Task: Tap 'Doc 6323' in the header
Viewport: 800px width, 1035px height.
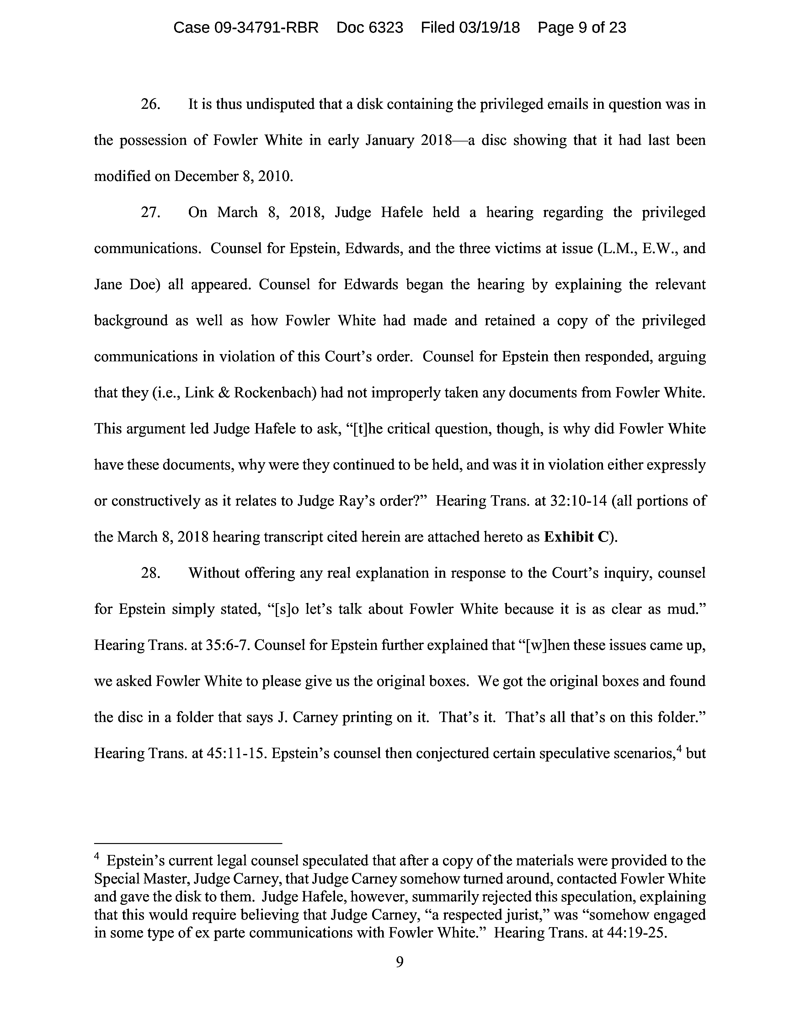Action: click(x=370, y=28)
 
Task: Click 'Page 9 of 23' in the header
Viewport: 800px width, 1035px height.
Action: click(x=582, y=28)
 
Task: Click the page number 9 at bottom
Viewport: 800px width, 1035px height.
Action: click(x=399, y=962)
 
